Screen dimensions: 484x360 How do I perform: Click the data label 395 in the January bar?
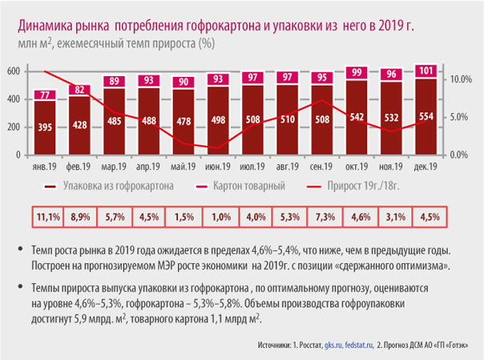(45, 127)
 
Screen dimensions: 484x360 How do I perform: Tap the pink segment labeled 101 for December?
(426, 71)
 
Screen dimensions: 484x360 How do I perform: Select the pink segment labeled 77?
(45, 95)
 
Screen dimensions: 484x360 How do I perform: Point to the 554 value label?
(426, 116)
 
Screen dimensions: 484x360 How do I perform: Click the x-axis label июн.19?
(218, 167)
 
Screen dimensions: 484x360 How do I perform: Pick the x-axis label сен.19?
(321, 167)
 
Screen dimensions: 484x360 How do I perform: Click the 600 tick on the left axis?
(14, 71)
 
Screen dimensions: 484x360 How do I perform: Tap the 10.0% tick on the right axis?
(461, 79)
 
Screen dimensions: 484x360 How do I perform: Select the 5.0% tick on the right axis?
(459, 117)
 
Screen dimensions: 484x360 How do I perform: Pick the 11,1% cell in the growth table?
(48, 216)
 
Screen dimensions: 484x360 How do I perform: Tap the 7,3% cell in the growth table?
(325, 216)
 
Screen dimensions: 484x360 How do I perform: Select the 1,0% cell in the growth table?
(221, 216)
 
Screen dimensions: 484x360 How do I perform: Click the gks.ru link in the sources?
(333, 345)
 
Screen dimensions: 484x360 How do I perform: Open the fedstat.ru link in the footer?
(359, 345)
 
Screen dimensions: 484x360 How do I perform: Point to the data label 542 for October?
(357, 117)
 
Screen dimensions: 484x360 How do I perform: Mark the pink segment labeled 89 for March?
(115, 81)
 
